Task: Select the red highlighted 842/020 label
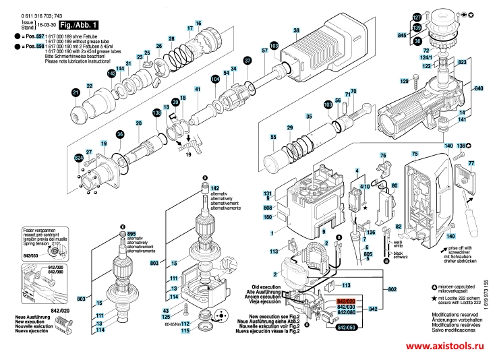coord(346,299)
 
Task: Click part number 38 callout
coord(295,31)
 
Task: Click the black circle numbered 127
coord(416,16)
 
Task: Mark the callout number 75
coord(415,154)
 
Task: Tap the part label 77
coord(471,164)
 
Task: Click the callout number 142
coord(215,187)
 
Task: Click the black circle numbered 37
coord(247,61)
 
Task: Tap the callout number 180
coord(268,217)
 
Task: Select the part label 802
coord(392,289)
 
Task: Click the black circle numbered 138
coord(156,113)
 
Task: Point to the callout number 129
coord(405,82)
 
